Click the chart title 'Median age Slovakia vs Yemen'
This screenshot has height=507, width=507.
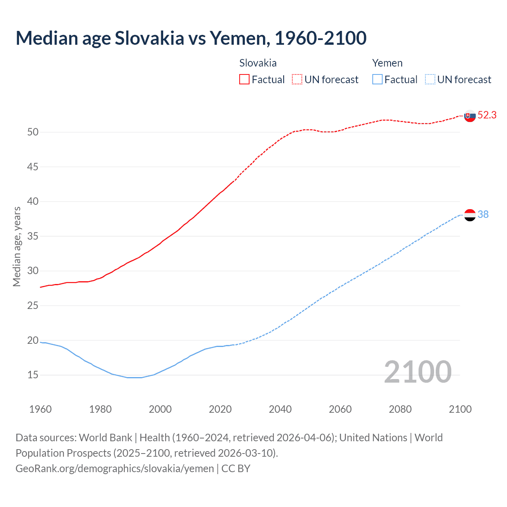point(191,38)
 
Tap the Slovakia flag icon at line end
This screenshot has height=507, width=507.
point(469,116)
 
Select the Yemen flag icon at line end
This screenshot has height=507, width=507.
point(469,215)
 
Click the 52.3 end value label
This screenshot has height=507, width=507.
point(487,115)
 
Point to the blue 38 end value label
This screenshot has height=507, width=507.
point(483,214)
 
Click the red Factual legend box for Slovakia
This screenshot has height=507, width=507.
point(244,80)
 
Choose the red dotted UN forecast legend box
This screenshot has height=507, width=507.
point(297,80)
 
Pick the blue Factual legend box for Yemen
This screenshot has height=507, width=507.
point(377,80)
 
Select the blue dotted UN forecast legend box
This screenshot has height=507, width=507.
point(430,80)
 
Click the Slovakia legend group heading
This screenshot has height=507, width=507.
point(258,63)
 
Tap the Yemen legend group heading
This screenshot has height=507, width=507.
point(387,63)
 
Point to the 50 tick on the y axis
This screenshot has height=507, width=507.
point(33,132)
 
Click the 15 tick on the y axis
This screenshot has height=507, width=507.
point(33,375)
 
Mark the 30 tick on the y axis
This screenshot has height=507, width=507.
point(33,271)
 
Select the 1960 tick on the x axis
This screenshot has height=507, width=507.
point(40,409)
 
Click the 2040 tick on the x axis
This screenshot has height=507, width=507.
point(280,409)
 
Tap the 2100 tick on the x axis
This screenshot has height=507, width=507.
point(460,409)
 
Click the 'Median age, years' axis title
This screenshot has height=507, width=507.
point(17,246)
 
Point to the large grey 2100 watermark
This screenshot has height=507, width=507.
point(417,372)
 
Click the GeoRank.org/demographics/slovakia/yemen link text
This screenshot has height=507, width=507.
point(114,469)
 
